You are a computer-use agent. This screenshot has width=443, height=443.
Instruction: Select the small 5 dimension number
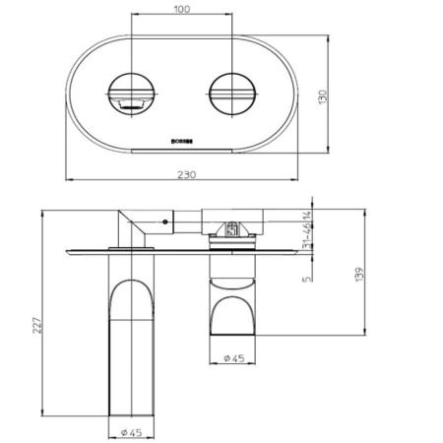click(x=308, y=278)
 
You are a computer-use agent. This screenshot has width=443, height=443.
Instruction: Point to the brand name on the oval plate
click(x=181, y=141)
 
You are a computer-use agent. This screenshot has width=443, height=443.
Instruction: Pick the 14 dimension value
click(x=308, y=217)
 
